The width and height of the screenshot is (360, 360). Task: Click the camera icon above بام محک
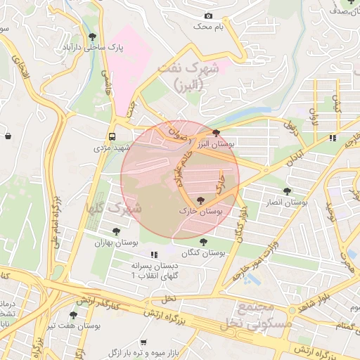208,15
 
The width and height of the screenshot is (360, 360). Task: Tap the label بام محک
210,26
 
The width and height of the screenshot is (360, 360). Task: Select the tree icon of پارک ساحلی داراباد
92,36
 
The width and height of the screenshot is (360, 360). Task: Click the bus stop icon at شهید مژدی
112,136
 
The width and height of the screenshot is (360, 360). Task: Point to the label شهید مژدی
112,149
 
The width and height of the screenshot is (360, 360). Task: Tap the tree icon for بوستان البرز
215,132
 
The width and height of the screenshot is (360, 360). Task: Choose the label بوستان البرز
216,143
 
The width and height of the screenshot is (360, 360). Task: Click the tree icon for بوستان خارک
202,200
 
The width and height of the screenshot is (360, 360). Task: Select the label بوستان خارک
202,211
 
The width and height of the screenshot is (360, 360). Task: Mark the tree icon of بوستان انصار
287,191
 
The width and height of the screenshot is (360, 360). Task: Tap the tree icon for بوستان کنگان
203,242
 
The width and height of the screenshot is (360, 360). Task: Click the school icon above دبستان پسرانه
154,255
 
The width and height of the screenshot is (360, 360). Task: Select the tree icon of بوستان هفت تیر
73,315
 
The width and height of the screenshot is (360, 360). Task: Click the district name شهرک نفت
189,70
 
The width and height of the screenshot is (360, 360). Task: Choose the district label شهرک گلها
113,209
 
